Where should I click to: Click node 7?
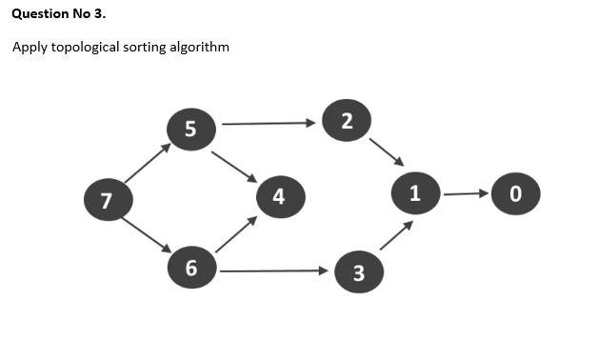106,200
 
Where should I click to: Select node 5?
190,129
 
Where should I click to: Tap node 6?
190,269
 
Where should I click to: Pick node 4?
279,197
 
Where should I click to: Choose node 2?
346,120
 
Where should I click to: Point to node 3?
358,273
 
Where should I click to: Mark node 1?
414,193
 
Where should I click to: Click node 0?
516,193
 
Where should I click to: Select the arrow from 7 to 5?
147,164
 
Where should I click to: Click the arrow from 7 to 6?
147,235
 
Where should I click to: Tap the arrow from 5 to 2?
268,123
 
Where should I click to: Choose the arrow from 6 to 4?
236,234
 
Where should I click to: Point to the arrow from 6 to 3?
273,271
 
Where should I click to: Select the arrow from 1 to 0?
466,194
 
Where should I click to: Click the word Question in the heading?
39,14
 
